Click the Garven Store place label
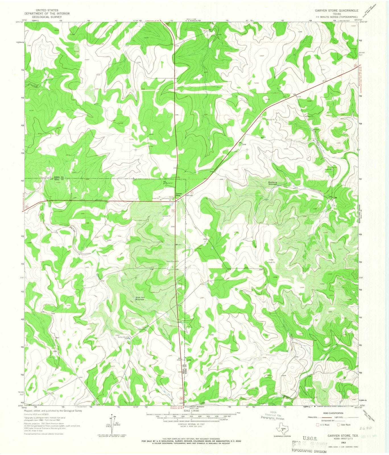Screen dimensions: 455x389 pyautogui.click(x=178, y=194)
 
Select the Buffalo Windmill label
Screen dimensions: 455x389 pyautogui.click(x=124, y=337)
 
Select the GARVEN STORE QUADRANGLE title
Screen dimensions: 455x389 pyautogui.click(x=334, y=10)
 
